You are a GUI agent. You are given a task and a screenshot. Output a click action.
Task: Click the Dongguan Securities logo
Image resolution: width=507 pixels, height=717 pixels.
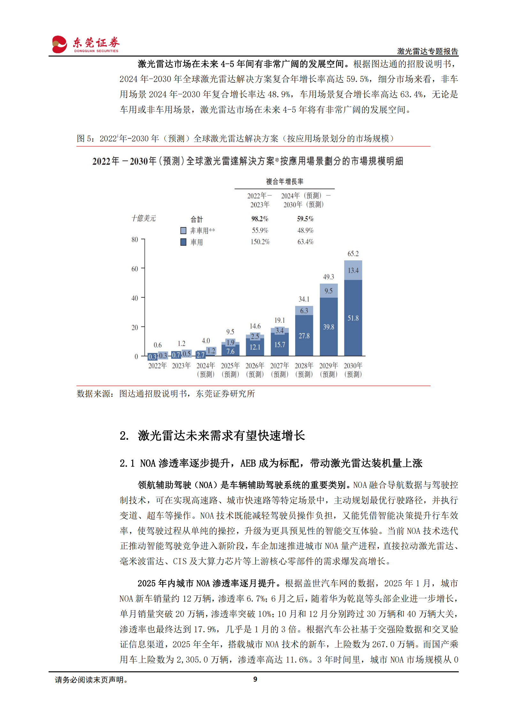[x=85, y=44]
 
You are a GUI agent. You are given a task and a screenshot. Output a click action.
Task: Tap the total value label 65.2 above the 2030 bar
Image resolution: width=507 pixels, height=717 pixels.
[x=353, y=254]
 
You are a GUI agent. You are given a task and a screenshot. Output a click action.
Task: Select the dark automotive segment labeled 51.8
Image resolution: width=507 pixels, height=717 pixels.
[x=353, y=318]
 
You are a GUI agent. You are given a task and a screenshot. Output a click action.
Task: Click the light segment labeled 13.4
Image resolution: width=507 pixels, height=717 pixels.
[x=353, y=271]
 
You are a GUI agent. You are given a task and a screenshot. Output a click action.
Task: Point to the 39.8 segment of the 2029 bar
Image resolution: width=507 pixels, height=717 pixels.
[x=328, y=327]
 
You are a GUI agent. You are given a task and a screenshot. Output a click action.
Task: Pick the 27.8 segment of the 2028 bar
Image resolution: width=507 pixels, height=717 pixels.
[x=304, y=336]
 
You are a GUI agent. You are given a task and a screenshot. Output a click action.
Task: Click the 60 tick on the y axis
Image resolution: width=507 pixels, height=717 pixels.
[x=135, y=269]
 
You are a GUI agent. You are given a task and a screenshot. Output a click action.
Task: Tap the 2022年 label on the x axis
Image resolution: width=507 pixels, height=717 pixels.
[x=157, y=366]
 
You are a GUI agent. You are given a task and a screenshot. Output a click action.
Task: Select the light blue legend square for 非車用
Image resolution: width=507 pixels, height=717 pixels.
[x=183, y=231]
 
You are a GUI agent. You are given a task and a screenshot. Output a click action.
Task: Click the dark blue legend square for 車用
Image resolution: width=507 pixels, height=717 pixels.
[x=183, y=242]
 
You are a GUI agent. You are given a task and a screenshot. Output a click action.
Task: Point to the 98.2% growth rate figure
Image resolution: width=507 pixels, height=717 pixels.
[x=260, y=219]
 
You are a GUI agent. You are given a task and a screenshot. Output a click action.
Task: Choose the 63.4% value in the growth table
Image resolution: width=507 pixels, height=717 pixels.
[x=305, y=242]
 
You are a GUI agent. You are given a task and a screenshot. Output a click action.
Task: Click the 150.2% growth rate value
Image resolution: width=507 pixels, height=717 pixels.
[x=260, y=242]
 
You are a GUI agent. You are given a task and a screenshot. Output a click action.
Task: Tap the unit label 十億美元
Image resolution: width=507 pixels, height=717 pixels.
[x=144, y=218]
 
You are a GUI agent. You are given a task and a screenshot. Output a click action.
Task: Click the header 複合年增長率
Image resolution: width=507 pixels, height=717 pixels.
[x=285, y=181]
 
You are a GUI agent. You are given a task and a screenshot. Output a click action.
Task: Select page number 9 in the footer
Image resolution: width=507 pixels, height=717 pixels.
[x=255, y=679]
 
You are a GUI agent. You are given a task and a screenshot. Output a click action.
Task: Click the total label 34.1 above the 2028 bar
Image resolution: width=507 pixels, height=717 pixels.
[x=304, y=299]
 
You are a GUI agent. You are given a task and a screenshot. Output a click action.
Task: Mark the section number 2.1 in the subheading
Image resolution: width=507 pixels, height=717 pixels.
[x=127, y=463]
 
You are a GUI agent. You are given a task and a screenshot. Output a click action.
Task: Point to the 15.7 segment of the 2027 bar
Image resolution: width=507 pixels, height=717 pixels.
[x=280, y=345]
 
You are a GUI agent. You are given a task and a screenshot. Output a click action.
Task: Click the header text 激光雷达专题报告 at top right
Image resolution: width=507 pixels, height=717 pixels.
[x=427, y=51]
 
